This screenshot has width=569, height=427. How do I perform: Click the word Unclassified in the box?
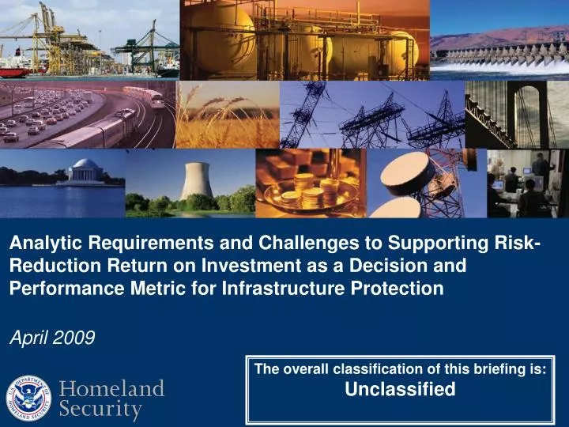pyautogui.click(x=401, y=389)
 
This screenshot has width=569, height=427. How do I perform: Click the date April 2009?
pyautogui.click(x=51, y=338)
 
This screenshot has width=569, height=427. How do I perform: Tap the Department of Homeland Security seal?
pyautogui.click(x=29, y=398)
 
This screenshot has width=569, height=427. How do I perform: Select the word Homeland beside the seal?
pyautogui.click(x=112, y=389)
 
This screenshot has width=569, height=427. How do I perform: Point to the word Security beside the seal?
pyautogui.click(x=101, y=410)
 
